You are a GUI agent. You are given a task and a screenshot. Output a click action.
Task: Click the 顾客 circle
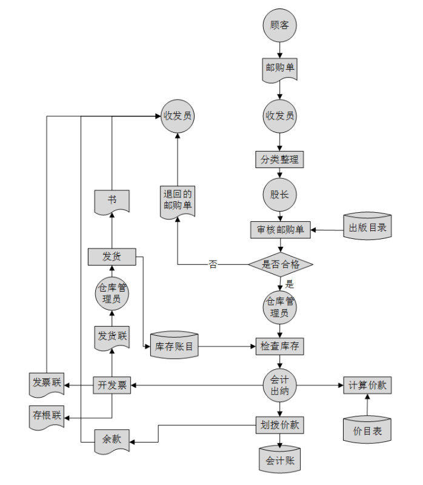coord(280,26)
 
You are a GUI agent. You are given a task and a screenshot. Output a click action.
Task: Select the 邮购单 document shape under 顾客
coord(280,68)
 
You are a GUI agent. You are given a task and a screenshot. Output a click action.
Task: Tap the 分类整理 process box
coord(279,160)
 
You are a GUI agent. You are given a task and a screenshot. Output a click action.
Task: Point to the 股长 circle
coord(279,195)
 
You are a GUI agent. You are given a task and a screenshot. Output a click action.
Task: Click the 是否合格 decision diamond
coord(281,264)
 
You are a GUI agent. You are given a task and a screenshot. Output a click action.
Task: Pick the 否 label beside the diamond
coord(213,264)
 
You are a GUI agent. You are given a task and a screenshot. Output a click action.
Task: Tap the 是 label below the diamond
coord(290,284)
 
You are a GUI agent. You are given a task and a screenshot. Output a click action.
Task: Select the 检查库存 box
coord(279,346)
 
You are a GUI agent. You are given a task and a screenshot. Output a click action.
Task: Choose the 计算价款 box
coord(367,386)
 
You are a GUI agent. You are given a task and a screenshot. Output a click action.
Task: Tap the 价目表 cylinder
coord(367,430)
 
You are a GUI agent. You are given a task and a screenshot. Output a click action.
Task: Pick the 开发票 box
coord(112,386)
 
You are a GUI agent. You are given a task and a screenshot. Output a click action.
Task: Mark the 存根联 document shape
coord(47,416)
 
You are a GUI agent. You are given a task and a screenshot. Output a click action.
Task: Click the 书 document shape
coord(112,201)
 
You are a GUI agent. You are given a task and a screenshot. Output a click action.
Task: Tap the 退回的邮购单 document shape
coord(178,200)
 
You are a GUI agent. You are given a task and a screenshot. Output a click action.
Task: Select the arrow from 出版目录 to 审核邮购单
coord(327,230)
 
